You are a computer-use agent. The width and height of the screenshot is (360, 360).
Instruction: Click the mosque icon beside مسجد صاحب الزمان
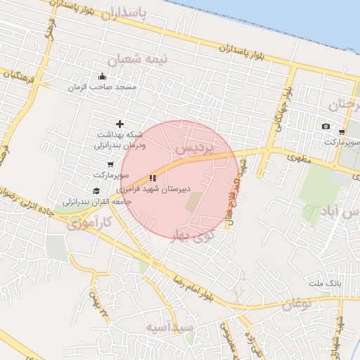pyautogui.click(x=103, y=77)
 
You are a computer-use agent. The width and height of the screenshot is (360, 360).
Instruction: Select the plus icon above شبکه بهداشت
pyautogui.click(x=119, y=124)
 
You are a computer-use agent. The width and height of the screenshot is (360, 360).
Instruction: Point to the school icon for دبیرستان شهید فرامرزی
pyautogui.click(x=153, y=179)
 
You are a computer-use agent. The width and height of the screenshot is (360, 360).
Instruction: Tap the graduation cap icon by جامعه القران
pyautogui.click(x=96, y=191)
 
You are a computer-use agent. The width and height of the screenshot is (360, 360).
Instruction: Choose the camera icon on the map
pyautogui.click(x=326, y=127)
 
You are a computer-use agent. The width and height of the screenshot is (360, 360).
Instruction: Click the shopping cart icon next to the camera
pyautogui.click(x=341, y=131)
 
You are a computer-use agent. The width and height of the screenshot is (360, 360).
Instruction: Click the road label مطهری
pyautogui.click(x=297, y=158)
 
